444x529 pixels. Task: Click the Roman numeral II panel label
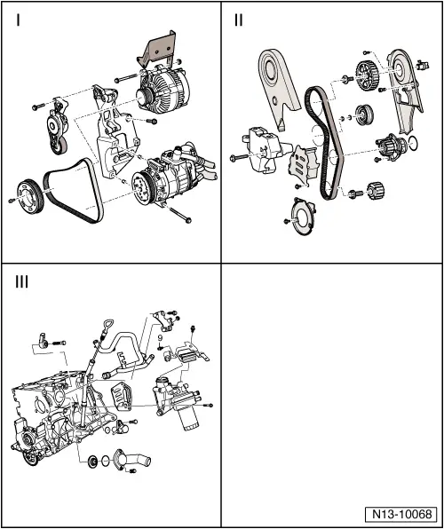(x=239, y=20)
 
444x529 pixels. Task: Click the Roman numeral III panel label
(x=22, y=283)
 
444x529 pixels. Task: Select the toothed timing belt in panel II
(x=321, y=142)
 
